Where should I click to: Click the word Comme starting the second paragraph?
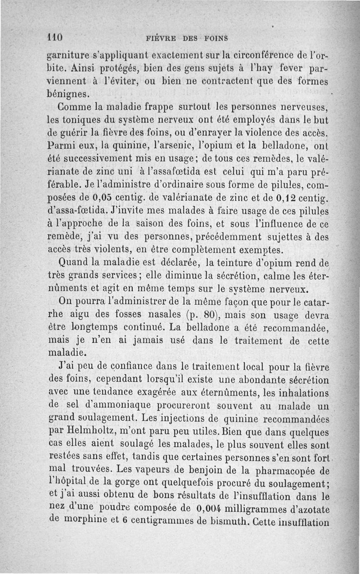click(x=75, y=108)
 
